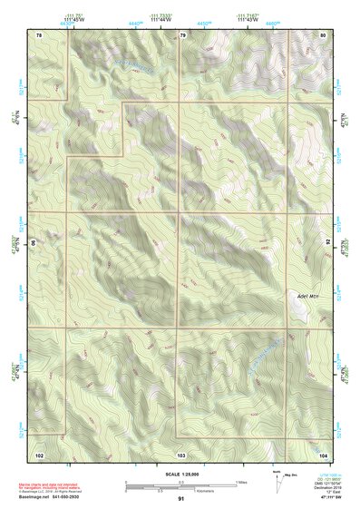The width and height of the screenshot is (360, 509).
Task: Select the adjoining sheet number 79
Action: [182, 34]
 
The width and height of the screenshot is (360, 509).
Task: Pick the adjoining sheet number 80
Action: [323, 34]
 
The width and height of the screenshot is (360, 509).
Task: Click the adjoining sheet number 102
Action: [40, 454]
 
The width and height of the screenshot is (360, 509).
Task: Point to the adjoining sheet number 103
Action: [181, 454]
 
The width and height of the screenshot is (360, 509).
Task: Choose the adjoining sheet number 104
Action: [323, 454]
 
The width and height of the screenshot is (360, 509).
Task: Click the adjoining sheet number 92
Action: [328, 244]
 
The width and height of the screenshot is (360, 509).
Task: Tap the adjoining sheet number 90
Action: [34, 244]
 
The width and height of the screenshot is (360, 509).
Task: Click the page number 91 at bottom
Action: [181, 499]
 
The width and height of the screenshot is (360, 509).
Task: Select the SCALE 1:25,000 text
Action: [180, 474]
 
